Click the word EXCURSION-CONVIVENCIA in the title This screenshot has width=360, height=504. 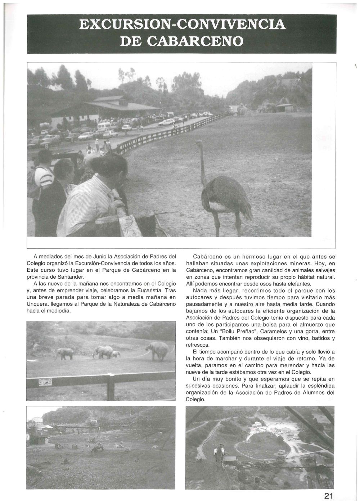click(x=182, y=24)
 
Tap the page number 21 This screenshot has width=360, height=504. click(x=328, y=496)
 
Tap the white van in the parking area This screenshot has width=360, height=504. click(x=104, y=126)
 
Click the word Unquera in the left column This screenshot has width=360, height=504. click(x=37, y=304)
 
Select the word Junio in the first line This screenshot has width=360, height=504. click(x=93, y=256)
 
